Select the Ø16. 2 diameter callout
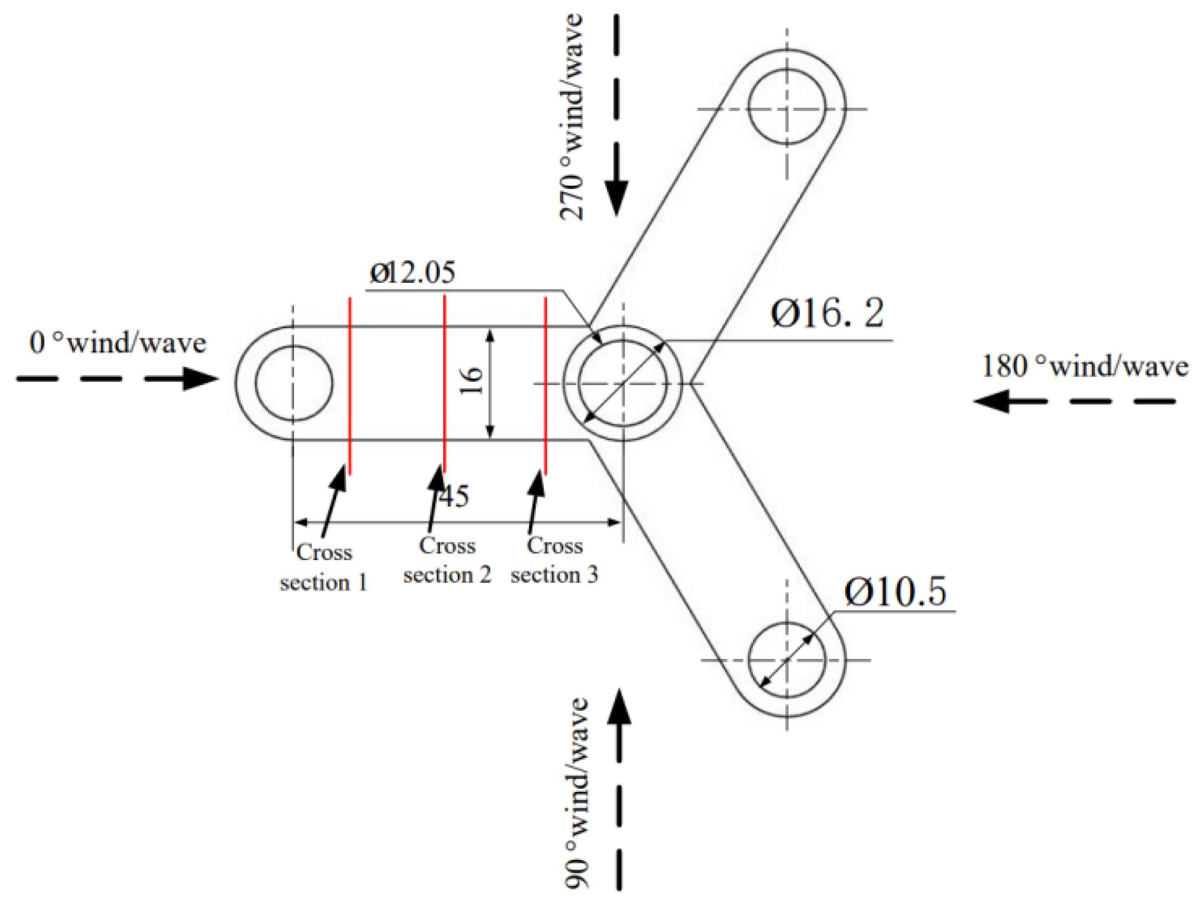coord(827,313)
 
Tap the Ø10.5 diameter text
coord(895,592)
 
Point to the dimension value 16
coord(472,381)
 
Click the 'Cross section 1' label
coord(324,567)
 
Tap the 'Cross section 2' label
coord(447,560)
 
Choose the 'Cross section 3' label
coord(554,560)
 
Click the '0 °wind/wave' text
coord(118,342)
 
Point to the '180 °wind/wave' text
coord(1085,366)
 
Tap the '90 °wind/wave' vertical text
coord(577,793)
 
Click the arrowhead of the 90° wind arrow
coord(619,708)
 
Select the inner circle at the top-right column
coord(787,106)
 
